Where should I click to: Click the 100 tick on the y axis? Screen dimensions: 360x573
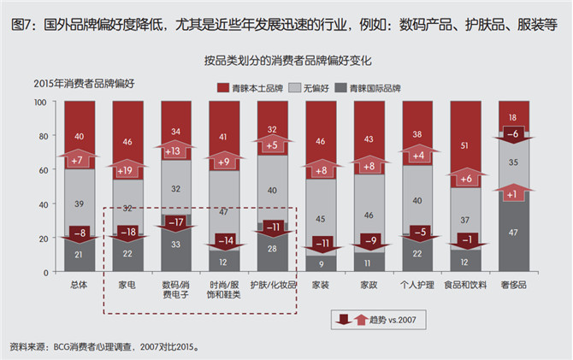pyautogui.click(x=40, y=102)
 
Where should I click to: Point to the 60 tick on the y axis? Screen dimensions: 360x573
pyautogui.click(x=43, y=170)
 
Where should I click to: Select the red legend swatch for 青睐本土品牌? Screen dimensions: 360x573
pyautogui.click(x=223, y=88)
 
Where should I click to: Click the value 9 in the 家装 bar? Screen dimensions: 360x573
pyautogui.click(x=322, y=263)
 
